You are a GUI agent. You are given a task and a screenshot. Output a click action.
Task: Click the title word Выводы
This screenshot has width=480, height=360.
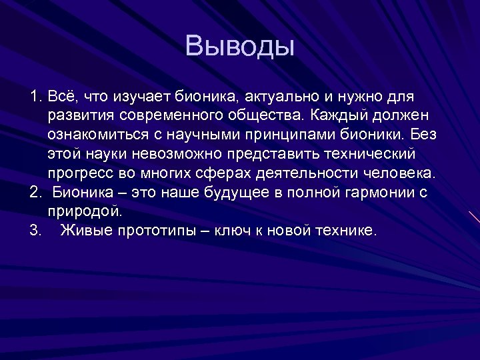click(x=239, y=47)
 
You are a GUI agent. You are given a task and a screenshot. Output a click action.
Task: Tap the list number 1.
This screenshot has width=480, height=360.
click(x=35, y=97)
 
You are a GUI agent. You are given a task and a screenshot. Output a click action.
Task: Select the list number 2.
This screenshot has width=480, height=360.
click(x=35, y=193)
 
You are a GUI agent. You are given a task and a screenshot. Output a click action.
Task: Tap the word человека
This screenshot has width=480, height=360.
click(x=401, y=174)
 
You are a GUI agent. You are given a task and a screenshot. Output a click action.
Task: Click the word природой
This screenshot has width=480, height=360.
click(x=85, y=212)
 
